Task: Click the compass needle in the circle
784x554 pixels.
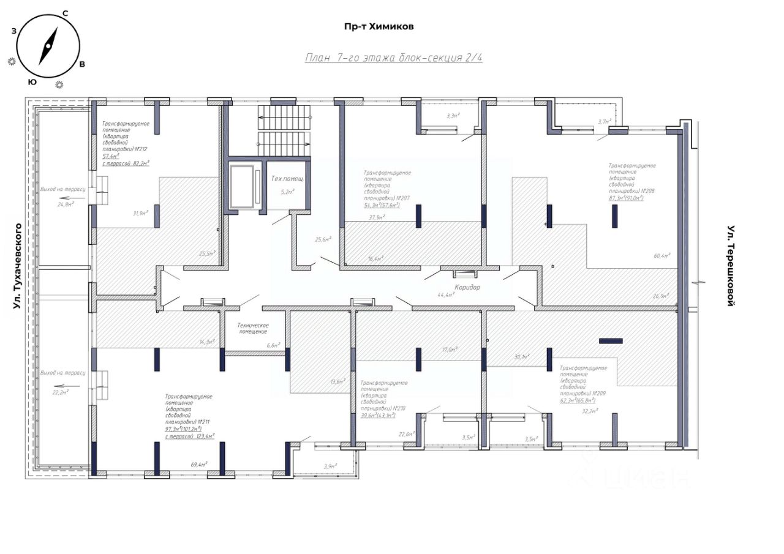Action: click(48, 46)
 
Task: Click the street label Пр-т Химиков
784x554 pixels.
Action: click(380, 26)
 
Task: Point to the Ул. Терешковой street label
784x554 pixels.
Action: click(730, 266)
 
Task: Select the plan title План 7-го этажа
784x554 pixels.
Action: click(393, 58)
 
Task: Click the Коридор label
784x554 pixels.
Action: click(467, 287)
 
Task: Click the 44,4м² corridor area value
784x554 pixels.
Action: click(446, 295)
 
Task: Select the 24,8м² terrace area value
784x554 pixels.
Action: click(66, 204)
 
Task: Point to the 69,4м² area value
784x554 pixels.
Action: click(199, 465)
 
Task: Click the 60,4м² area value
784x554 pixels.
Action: click(661, 256)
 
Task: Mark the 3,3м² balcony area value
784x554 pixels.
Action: click(453, 115)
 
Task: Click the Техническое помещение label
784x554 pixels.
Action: click(253, 329)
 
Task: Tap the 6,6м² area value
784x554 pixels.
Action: click(273, 346)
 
